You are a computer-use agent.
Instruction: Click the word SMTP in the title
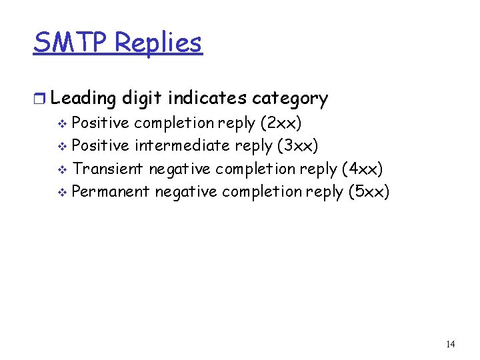pyautogui.click(x=71, y=43)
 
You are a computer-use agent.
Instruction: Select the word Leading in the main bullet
pyautogui.click(x=83, y=99)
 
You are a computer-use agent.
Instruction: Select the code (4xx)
pyautogui.click(x=362, y=169)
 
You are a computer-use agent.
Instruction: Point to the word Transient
pyautogui.click(x=107, y=169)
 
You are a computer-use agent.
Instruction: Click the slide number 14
pyautogui.click(x=450, y=344)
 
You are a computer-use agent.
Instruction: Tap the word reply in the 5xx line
pyautogui.click(x=325, y=192)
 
